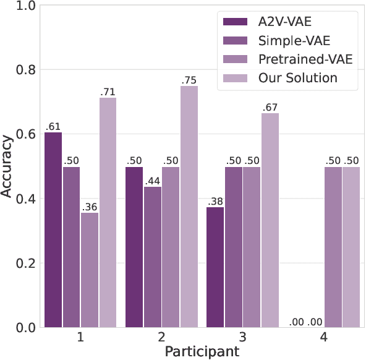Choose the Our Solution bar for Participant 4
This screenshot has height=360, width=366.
(351, 247)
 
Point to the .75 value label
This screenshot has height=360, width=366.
(189, 80)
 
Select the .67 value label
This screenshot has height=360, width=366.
(270, 106)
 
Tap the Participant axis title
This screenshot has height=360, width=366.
(202, 351)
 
